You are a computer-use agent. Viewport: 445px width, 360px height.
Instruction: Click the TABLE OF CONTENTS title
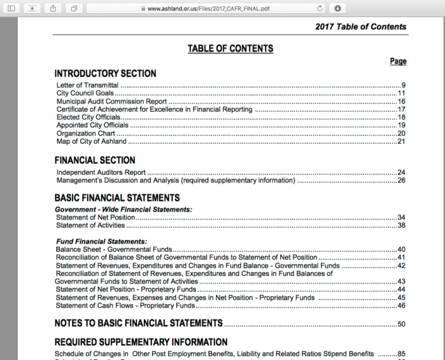(x=230, y=49)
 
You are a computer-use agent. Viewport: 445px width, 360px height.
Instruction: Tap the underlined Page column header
(x=398, y=62)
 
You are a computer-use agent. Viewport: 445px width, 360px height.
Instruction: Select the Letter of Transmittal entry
(x=87, y=85)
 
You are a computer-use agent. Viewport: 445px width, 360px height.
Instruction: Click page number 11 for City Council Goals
(x=401, y=93)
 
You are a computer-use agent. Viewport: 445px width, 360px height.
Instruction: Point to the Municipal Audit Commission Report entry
(x=111, y=101)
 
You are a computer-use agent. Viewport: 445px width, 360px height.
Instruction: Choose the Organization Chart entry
(x=86, y=134)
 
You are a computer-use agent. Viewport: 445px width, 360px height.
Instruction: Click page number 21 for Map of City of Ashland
(x=401, y=141)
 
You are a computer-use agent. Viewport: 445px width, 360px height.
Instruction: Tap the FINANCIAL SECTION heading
(x=95, y=160)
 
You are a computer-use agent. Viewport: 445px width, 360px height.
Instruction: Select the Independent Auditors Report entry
(x=101, y=172)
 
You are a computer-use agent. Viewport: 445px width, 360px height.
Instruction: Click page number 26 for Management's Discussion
(x=401, y=181)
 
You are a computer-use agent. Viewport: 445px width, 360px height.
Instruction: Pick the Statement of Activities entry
(x=90, y=225)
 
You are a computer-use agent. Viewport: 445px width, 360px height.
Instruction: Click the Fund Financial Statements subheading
(x=101, y=242)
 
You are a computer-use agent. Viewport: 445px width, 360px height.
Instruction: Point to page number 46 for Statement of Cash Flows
(x=401, y=306)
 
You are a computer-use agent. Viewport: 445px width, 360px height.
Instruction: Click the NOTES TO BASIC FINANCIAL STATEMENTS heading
(x=139, y=323)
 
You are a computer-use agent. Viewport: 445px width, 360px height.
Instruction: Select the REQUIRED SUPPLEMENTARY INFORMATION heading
(x=141, y=342)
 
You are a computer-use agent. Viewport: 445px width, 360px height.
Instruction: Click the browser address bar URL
(x=209, y=8)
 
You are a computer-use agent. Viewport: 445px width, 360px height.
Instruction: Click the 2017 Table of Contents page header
(x=360, y=27)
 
